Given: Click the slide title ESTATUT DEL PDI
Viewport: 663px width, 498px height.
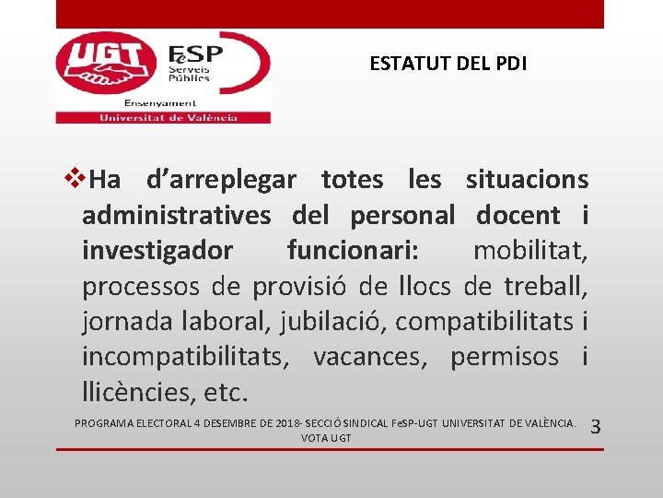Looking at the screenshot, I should [x=448, y=64].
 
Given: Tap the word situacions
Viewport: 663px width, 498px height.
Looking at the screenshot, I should [x=527, y=179].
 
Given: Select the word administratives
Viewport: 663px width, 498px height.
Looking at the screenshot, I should [x=177, y=216].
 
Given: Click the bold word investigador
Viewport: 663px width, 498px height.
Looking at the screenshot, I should [x=157, y=251].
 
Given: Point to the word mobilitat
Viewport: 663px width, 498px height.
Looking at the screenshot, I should [x=530, y=251].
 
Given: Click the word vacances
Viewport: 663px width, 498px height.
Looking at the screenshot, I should [x=370, y=358].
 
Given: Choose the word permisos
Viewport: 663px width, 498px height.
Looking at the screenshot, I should [x=505, y=358].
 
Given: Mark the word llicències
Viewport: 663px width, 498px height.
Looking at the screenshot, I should [x=139, y=394].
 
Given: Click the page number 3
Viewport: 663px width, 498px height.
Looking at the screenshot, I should [x=595, y=427].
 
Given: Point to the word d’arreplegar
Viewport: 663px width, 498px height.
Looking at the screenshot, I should [x=221, y=179].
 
